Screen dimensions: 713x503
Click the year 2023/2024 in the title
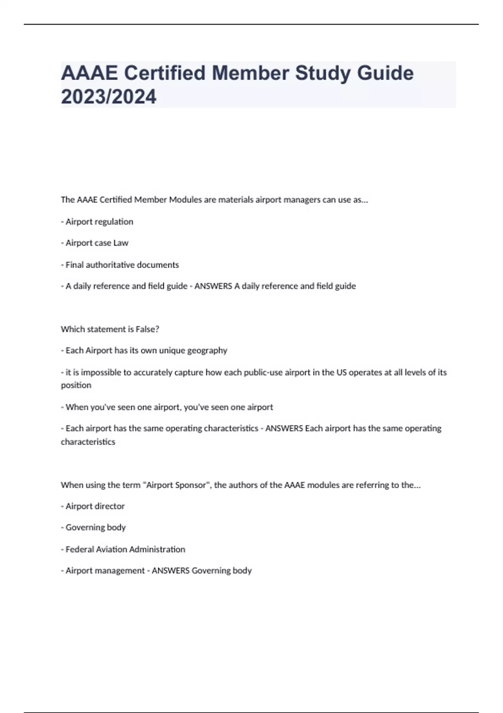pos(109,97)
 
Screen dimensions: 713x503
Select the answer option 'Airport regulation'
pos(99,222)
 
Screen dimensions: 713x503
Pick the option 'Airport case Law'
pos(97,243)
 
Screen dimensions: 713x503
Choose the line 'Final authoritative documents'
pos(122,265)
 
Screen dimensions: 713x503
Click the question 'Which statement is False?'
pos(110,329)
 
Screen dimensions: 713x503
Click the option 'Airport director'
pos(95,506)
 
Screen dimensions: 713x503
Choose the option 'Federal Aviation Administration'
pos(125,549)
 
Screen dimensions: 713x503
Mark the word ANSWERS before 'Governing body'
pos(170,571)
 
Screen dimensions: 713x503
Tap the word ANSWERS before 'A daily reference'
pos(213,286)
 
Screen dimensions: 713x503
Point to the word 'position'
pos(76,385)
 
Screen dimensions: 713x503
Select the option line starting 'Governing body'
pos(96,528)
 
